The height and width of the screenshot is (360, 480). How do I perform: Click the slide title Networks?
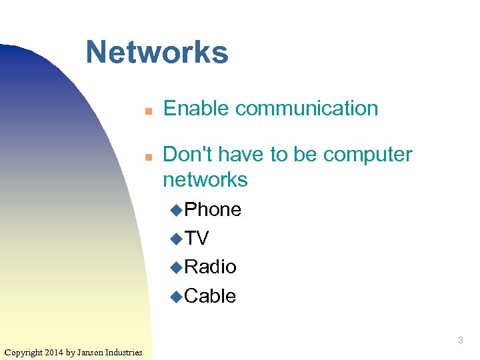coord(157,52)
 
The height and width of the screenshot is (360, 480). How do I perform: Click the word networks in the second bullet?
coord(205,179)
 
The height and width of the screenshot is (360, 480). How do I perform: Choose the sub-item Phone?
coord(212,209)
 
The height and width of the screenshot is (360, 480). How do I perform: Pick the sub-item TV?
coord(197,238)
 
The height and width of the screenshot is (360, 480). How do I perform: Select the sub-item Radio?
coord(210,267)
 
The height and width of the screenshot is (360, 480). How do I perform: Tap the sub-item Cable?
coord(210,296)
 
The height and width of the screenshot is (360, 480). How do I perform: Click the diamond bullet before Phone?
coord(176,210)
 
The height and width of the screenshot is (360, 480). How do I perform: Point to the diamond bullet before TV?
coord(176,239)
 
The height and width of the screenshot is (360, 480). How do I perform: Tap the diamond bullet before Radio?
coord(176,267)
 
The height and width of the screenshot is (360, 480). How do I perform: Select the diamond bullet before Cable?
coord(176,297)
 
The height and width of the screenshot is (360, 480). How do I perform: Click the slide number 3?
coord(460,341)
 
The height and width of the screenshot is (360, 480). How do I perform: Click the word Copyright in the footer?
coord(23,352)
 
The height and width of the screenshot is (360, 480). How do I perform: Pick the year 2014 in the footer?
coord(55,352)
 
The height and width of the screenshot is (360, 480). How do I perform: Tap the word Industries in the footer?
coord(123,352)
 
